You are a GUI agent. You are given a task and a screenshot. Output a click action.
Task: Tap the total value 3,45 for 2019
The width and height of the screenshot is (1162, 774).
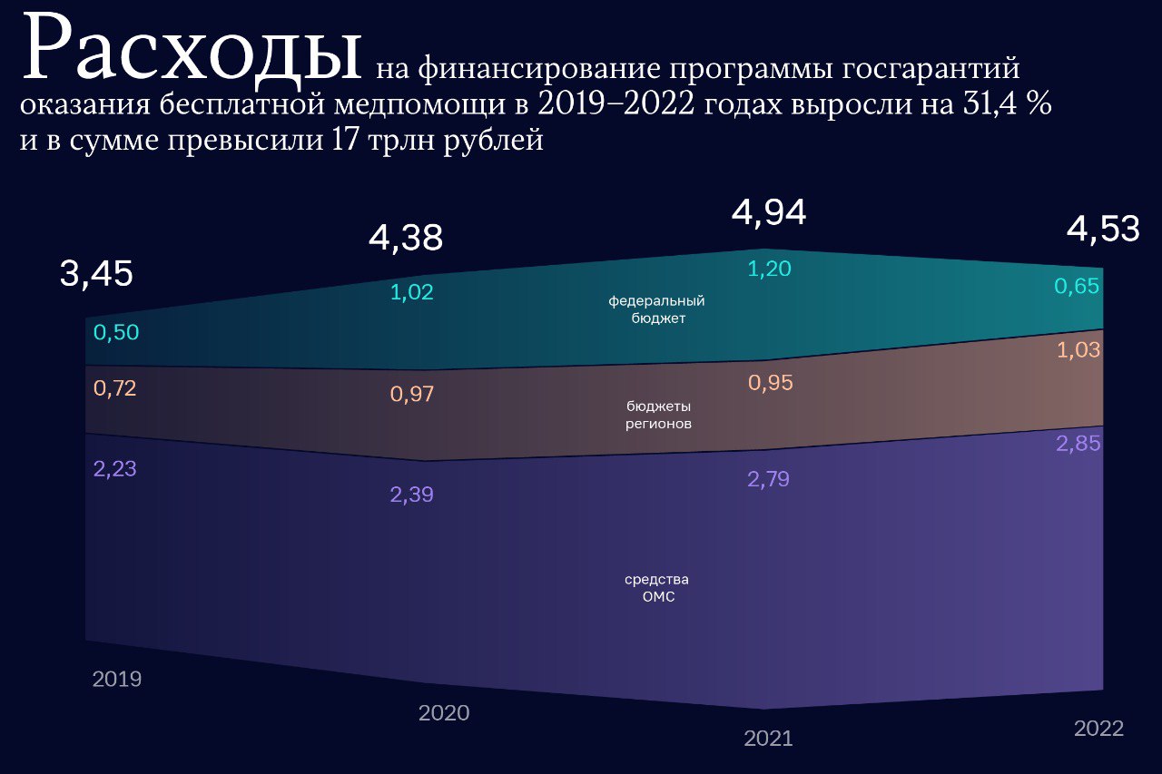[x=96, y=273]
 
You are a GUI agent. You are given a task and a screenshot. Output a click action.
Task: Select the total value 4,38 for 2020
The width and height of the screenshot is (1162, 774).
[x=406, y=238]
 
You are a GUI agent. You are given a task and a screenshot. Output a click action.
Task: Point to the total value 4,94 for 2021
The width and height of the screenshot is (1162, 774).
[x=769, y=212]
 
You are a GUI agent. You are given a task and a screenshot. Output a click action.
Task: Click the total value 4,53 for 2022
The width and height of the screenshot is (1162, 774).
[x=1103, y=230]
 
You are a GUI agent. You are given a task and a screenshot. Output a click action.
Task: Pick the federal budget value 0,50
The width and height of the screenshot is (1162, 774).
[x=116, y=333]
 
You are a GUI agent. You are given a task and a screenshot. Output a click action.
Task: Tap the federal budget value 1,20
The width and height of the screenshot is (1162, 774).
[x=769, y=268]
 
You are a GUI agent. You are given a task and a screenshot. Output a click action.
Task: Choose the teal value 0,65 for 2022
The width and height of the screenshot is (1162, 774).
[x=1077, y=287]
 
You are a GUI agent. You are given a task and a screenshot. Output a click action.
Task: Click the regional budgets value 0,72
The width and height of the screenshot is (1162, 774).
[x=116, y=388]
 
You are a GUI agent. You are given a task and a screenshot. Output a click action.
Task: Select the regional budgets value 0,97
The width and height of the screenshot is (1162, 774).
[x=412, y=395]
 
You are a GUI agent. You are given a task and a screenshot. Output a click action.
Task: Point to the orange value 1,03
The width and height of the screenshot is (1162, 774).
[x=1078, y=350]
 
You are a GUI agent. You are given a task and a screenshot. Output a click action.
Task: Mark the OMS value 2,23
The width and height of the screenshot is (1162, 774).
[x=116, y=469]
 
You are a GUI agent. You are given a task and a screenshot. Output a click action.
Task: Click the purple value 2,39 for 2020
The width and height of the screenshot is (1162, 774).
[x=412, y=495]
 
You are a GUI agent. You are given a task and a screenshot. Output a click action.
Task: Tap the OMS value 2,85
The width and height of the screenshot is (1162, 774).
[x=1078, y=445]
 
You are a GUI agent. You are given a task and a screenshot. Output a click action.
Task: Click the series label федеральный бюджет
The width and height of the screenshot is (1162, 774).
[x=656, y=309]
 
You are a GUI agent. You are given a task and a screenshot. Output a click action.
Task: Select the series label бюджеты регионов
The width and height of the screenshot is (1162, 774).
[x=658, y=415]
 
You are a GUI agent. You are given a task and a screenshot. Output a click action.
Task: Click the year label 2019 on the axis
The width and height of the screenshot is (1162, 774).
[x=117, y=679]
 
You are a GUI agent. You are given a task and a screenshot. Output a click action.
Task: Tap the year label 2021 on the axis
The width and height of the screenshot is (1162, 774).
[x=768, y=739]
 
